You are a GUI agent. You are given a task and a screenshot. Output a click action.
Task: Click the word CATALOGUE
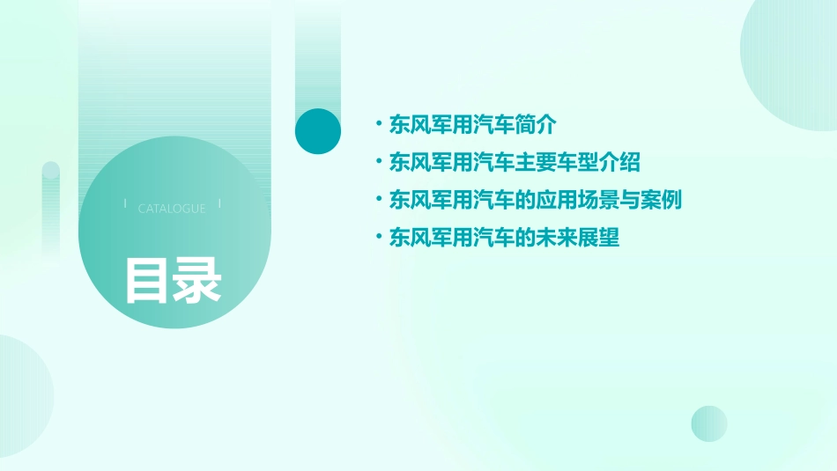(x=172, y=209)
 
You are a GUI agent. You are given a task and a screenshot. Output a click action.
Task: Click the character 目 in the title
(x=146, y=281)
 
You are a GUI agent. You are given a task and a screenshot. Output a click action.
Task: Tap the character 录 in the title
(x=197, y=281)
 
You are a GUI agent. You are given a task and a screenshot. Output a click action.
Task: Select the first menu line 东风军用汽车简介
(x=473, y=125)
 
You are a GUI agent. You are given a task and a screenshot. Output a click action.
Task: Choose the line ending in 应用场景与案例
(x=536, y=200)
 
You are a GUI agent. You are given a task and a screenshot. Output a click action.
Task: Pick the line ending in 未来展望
(x=505, y=238)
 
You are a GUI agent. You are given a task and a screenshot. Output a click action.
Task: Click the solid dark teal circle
(x=317, y=131)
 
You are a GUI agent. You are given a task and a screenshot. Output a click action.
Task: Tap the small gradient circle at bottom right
(x=709, y=423)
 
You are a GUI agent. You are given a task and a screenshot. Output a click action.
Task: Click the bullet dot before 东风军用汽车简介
(x=379, y=124)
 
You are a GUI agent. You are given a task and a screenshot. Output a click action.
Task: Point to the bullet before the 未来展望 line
(x=379, y=237)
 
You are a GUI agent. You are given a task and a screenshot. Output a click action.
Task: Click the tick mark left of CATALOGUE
(x=125, y=203)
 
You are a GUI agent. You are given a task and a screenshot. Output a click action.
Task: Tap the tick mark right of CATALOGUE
(x=219, y=203)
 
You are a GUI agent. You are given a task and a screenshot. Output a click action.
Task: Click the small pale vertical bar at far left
(x=51, y=207)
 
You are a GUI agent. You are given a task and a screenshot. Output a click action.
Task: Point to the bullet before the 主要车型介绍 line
(x=379, y=162)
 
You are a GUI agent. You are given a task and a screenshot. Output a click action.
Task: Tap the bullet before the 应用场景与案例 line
(x=379, y=199)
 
